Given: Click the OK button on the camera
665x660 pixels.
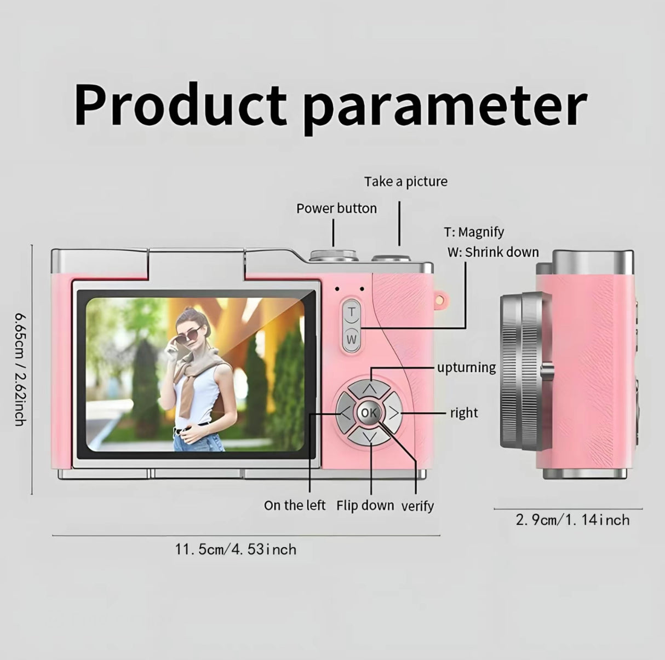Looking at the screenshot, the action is (369, 413).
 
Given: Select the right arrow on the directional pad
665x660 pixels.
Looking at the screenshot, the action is (393, 413).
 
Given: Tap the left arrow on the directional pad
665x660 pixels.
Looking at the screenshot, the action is (346, 413).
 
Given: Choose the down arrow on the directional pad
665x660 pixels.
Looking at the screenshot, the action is (369, 437).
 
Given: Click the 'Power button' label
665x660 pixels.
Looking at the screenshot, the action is (336, 209).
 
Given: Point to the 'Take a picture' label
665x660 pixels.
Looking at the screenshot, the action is (406, 182).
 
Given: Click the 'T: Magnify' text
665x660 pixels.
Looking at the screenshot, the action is (474, 233).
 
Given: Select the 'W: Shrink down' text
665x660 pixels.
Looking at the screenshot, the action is (493, 252).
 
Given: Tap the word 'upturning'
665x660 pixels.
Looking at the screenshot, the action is (467, 368).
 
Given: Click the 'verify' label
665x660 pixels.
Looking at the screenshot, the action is (417, 506).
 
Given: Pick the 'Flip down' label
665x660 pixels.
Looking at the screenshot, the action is (365, 506).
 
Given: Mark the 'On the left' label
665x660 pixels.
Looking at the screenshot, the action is (294, 506).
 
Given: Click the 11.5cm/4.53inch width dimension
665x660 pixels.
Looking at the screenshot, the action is (236, 549).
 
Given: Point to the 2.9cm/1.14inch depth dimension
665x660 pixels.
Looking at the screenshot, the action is (572, 520).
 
